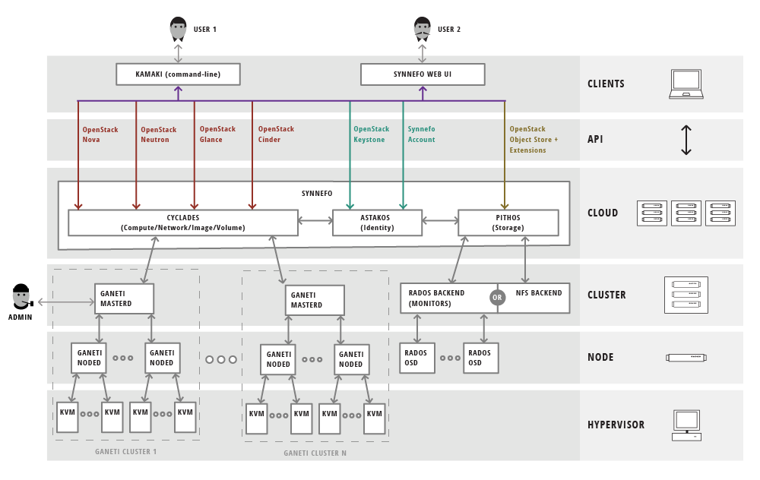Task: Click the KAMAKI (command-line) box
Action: [x=178, y=74]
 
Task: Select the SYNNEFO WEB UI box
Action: [x=422, y=74]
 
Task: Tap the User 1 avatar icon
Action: [x=178, y=29]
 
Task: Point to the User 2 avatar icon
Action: [x=423, y=29]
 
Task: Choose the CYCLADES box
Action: [x=182, y=223]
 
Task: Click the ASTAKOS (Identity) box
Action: [x=377, y=223]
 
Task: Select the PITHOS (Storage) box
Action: [x=508, y=223]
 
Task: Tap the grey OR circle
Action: [x=497, y=298]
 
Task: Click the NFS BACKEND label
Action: [x=539, y=293]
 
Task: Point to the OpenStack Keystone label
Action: [x=371, y=134]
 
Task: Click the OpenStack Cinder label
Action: [x=276, y=134]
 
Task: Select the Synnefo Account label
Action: [x=421, y=134]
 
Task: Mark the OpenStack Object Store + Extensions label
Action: [x=534, y=140]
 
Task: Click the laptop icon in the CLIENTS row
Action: [x=686, y=84]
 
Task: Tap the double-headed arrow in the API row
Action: [x=686, y=140]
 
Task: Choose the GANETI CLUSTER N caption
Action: [x=315, y=453]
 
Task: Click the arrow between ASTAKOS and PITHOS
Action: [x=440, y=221]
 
